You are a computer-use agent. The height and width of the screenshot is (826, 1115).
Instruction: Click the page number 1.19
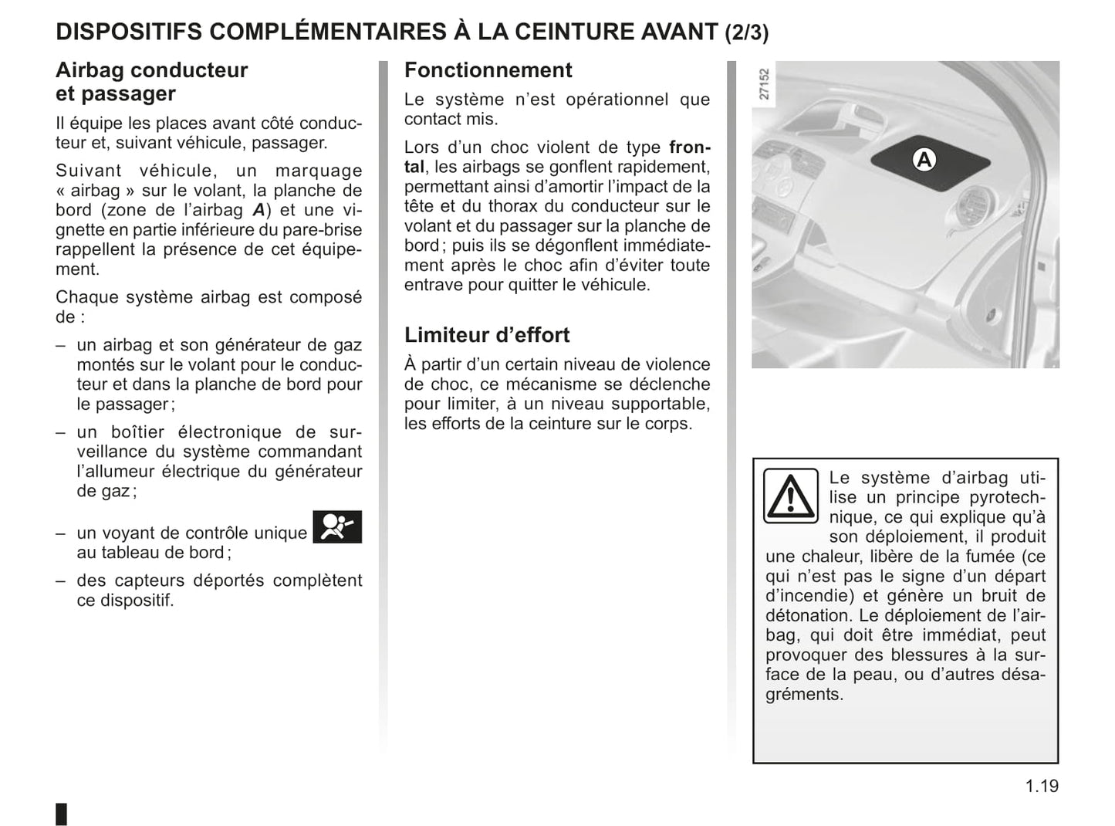[1042, 787]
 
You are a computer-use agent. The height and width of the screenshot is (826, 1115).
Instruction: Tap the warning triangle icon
[790, 496]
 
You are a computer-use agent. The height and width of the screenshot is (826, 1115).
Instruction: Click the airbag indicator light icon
[337, 527]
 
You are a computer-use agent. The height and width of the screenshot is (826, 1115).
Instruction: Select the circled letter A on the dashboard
[924, 160]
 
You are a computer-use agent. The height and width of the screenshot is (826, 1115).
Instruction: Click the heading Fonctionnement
[488, 70]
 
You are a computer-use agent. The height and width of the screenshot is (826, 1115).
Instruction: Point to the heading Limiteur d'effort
[486, 335]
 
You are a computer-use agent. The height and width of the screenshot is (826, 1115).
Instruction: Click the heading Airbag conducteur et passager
[151, 82]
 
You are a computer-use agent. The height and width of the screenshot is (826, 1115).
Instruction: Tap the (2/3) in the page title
[746, 32]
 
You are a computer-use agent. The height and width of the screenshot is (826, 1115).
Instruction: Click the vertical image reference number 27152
[764, 84]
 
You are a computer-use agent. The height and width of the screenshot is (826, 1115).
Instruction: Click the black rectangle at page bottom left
[62, 814]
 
